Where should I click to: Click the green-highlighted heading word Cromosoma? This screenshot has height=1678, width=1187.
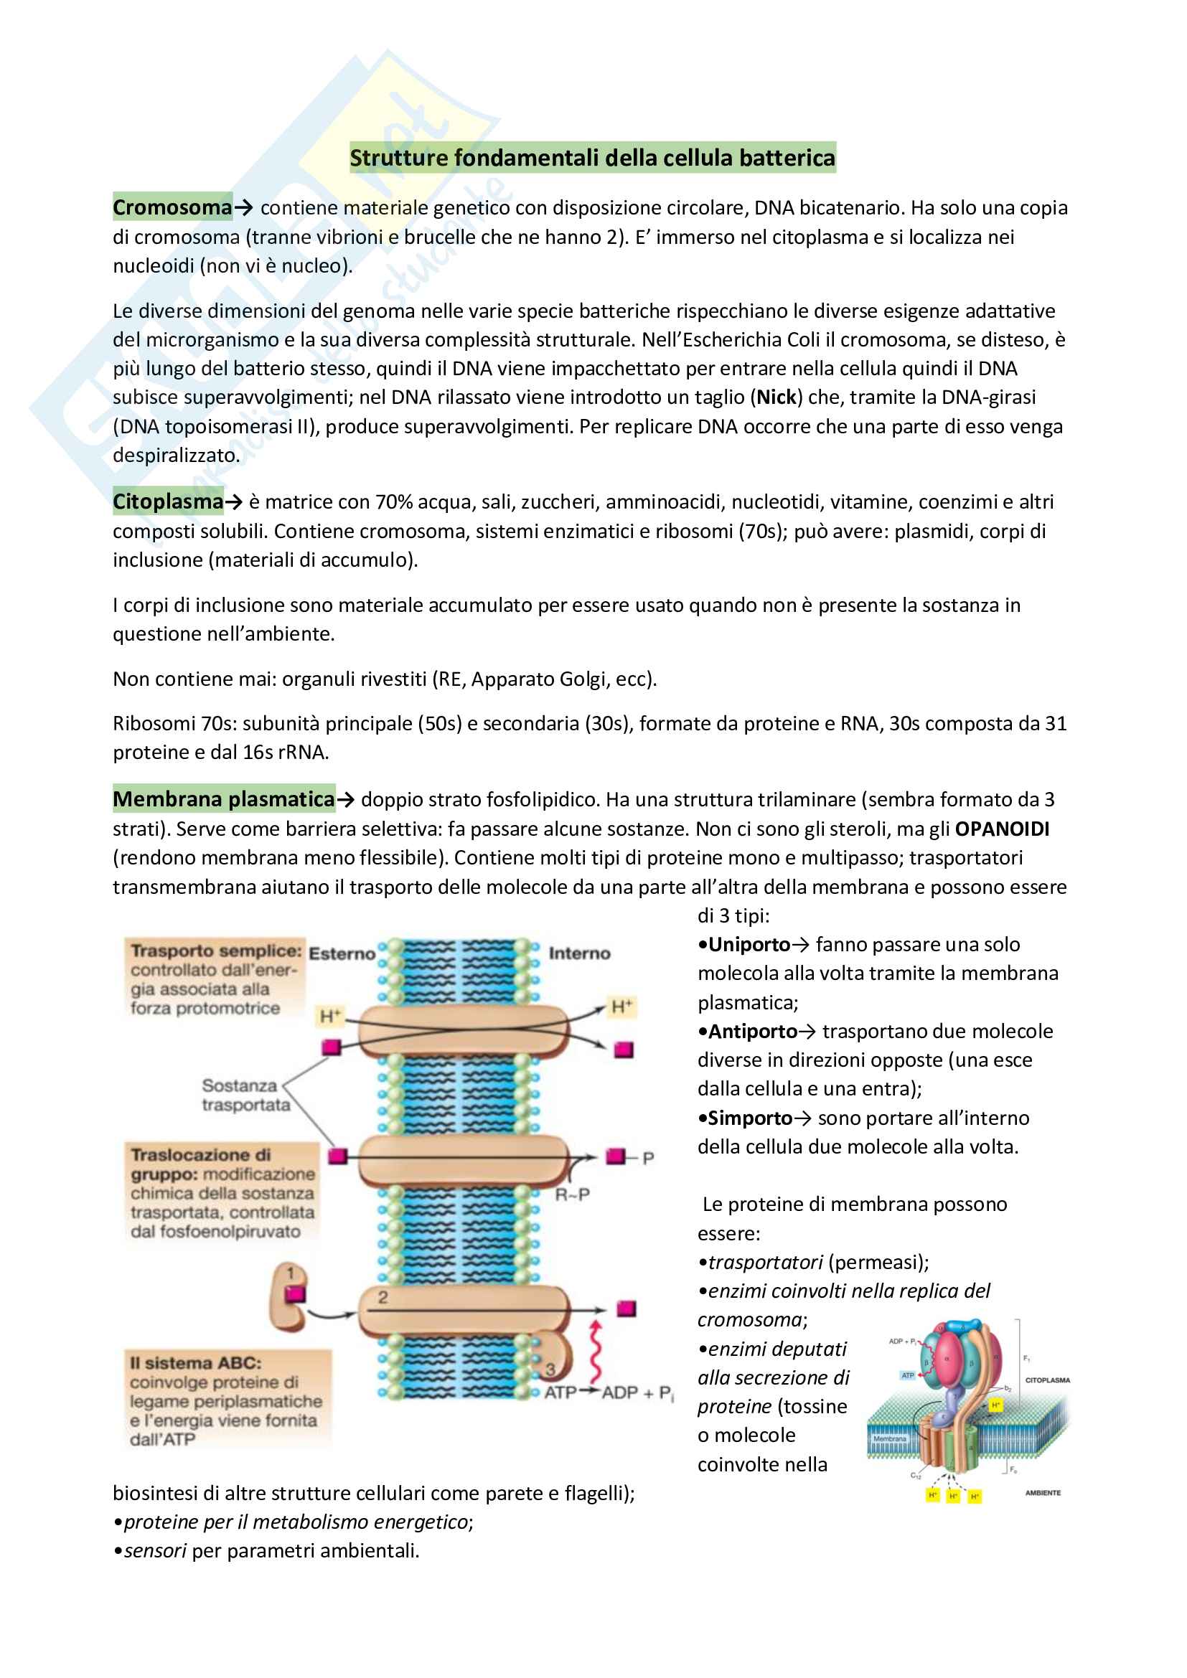point(172,207)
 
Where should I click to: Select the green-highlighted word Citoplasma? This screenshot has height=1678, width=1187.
point(167,501)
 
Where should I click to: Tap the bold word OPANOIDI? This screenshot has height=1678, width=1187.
point(1001,829)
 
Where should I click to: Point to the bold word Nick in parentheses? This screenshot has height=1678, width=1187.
point(776,397)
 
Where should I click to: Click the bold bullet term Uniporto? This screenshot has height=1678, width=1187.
point(749,944)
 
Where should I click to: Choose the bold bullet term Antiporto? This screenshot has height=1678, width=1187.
point(752,1031)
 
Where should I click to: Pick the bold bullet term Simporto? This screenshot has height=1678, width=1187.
point(750,1118)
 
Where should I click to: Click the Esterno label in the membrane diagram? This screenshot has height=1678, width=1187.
point(342,953)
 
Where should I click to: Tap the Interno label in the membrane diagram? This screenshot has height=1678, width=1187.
point(579,953)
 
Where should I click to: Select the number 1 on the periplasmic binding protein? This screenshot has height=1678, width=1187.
point(291,1273)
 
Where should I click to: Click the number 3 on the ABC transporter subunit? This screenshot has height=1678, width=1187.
point(550,1369)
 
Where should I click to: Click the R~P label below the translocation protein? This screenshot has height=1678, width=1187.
point(572,1195)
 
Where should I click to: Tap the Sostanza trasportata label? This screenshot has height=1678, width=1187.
point(245,1095)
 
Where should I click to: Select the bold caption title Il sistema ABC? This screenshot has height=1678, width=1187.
point(195,1363)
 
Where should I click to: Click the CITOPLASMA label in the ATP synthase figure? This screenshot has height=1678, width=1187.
point(1046,1380)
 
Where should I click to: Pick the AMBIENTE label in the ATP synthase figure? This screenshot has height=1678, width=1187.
point(1042,1493)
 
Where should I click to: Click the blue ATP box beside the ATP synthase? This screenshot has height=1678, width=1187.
point(907,1375)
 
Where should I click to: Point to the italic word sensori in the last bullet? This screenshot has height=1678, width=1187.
point(155,1551)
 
